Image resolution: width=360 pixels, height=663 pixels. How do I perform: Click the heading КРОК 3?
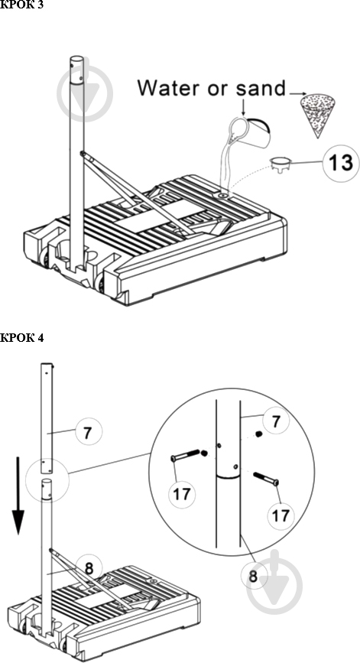click(22, 5)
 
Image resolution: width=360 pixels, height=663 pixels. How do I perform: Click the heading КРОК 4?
click(22, 337)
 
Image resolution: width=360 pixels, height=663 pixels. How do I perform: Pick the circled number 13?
click(341, 163)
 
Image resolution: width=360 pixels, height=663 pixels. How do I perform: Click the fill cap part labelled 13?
click(281, 163)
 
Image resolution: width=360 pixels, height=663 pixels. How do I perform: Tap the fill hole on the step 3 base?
click(223, 195)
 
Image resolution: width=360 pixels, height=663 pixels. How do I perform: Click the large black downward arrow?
click(18, 495)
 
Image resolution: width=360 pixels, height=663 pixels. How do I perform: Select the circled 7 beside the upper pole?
click(89, 432)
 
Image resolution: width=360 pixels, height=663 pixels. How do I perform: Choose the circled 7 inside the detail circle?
click(275, 422)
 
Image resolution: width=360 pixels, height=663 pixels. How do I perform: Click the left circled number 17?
click(182, 493)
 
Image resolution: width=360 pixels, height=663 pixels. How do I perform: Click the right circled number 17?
click(281, 515)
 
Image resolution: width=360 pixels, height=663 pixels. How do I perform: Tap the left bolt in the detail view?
click(185, 456)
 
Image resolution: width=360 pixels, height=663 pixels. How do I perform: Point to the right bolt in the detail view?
click(266, 479)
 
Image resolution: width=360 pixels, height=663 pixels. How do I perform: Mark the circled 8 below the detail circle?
click(253, 576)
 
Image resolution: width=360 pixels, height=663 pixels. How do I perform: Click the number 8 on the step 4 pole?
click(89, 569)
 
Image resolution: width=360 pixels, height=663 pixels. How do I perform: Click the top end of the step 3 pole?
click(77, 58)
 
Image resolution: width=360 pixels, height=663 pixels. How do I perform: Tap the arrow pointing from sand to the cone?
click(297, 93)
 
